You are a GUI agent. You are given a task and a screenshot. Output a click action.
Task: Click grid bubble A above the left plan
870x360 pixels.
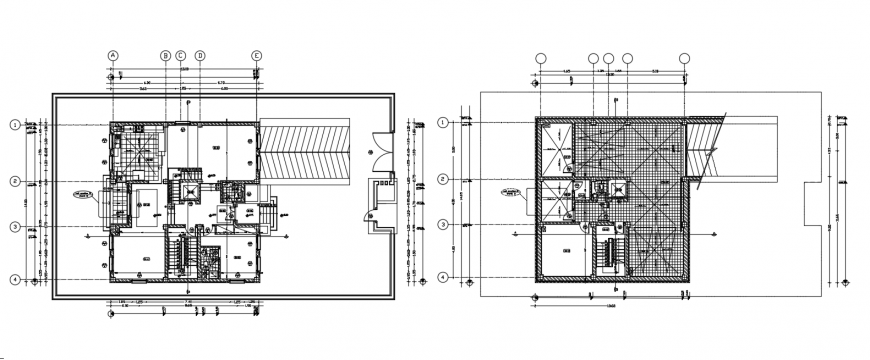pos(113,56)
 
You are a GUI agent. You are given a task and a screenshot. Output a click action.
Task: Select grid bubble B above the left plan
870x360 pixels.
pos(166,56)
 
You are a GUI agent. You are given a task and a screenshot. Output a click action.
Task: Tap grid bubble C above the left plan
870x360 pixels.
pos(181,56)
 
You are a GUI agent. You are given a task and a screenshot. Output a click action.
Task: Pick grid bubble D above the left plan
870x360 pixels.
pos(200,56)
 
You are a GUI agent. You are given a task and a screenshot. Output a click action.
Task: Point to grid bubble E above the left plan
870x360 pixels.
pos(257,56)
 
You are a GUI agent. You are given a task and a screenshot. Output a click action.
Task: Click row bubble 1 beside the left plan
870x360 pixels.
pos(15,124)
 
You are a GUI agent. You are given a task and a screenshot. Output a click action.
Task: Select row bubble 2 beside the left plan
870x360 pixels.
pos(15,181)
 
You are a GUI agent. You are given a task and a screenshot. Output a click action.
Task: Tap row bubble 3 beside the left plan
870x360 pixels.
pos(15,227)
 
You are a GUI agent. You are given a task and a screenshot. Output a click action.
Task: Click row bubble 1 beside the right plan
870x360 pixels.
pos(443,122)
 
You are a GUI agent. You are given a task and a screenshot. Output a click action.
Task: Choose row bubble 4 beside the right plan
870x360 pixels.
pos(443,276)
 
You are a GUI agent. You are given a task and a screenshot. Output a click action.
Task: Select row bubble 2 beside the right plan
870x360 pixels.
pos(443,179)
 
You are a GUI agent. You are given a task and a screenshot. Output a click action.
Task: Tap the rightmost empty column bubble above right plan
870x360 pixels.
pos(685,58)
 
